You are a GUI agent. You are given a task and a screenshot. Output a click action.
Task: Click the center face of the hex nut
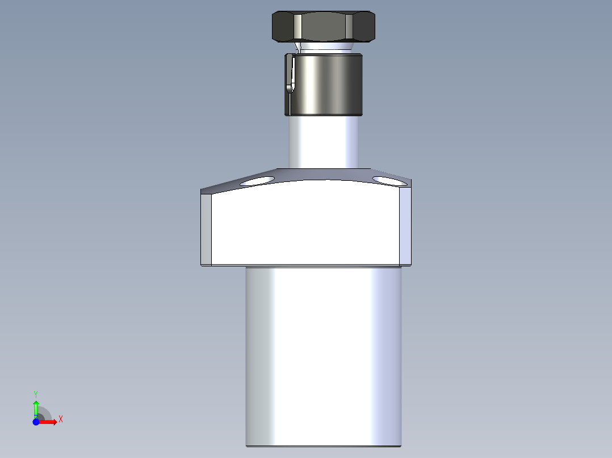(x=324, y=27)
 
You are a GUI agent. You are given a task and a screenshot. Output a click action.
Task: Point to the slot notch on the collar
(x=291, y=74)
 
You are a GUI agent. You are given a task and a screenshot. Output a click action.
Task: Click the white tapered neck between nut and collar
(x=324, y=46)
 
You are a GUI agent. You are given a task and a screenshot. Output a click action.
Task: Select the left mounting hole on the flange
(x=257, y=181)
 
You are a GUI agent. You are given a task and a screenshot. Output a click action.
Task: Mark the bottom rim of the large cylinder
(x=324, y=445)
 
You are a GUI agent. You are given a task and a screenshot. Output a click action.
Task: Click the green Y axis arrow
(x=36, y=408)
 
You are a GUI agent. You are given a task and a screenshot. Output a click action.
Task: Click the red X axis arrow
(x=50, y=422)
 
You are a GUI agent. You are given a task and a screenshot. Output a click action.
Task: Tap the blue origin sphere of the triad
(x=36, y=422)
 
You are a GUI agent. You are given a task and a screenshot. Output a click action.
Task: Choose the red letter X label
(x=60, y=419)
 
